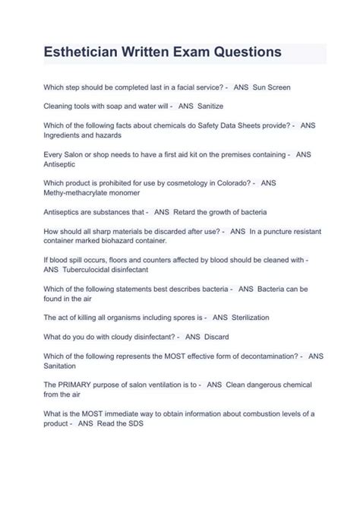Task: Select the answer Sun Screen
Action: [x=272, y=88]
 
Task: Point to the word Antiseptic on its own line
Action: [x=62, y=163]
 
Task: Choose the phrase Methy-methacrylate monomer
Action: [x=91, y=193]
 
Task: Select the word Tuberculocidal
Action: [x=95, y=270]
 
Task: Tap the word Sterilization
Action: [x=251, y=317]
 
